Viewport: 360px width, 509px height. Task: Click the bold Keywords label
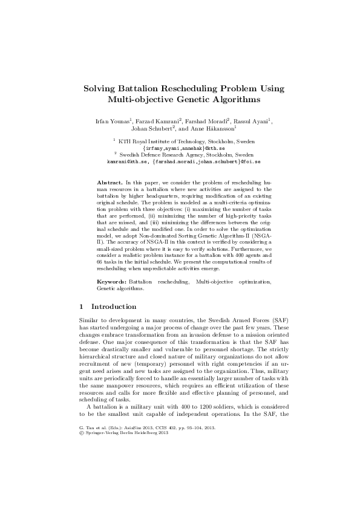pyautogui.click(x=112, y=282)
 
